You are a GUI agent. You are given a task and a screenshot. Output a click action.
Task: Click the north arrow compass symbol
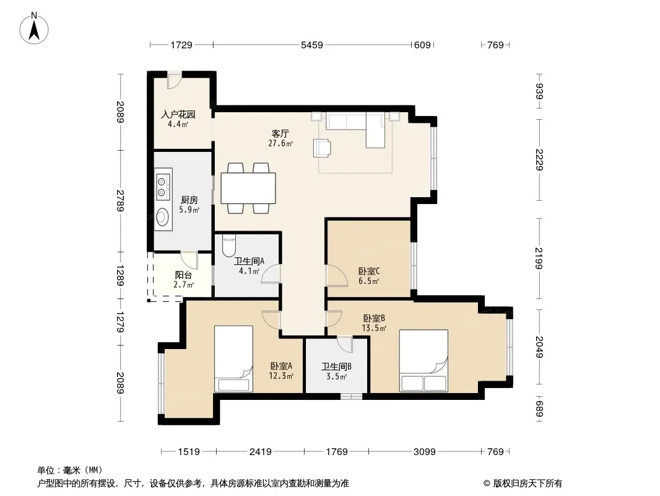(34, 29)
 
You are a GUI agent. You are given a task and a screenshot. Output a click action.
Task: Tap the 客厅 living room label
(280, 133)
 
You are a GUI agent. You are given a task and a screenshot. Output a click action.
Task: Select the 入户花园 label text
(178, 114)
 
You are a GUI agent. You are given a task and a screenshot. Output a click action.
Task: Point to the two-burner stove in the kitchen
(162, 187)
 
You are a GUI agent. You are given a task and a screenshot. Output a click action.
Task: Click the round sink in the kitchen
(162, 218)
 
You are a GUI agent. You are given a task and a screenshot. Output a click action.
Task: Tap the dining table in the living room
(248, 188)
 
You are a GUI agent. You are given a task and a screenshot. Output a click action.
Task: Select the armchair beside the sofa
(322, 148)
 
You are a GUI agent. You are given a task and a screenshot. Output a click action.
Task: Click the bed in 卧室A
(233, 358)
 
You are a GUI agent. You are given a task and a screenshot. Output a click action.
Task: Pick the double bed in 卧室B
(423, 361)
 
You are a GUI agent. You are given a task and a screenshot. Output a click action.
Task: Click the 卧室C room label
(369, 272)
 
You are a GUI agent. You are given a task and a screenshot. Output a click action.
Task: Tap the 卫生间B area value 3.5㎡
(336, 376)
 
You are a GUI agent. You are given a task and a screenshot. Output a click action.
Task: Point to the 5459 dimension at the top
(312, 45)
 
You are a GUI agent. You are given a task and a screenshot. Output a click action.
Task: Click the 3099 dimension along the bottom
(424, 452)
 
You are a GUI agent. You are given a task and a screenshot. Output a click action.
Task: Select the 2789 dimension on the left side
(121, 201)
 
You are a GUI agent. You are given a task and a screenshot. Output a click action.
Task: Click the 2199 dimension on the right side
(539, 258)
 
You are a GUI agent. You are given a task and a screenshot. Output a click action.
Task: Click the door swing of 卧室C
(337, 276)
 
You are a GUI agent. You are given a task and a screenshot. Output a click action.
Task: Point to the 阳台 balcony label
(183, 275)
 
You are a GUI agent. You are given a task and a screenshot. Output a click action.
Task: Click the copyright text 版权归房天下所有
(528, 484)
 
